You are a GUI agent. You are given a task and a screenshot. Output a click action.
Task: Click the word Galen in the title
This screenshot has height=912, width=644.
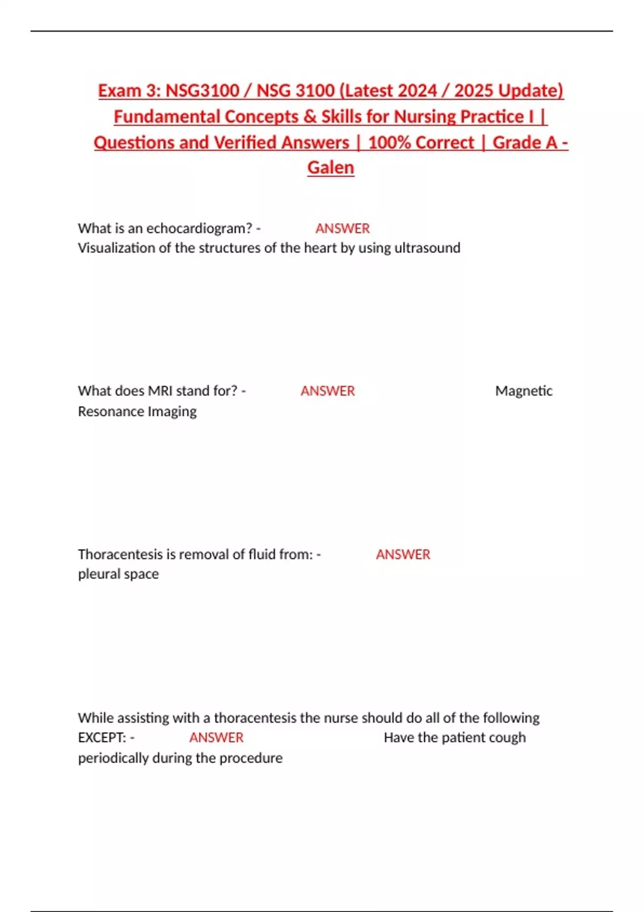tap(331, 167)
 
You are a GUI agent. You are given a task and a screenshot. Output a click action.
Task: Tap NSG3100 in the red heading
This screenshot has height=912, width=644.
tap(202, 91)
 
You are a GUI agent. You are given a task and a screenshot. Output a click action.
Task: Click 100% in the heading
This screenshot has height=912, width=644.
tap(389, 142)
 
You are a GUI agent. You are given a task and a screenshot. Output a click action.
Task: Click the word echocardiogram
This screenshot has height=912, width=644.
tap(199, 229)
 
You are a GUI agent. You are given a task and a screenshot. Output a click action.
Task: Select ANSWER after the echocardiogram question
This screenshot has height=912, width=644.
tap(342, 229)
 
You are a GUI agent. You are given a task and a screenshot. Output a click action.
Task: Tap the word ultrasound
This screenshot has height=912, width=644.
tap(427, 248)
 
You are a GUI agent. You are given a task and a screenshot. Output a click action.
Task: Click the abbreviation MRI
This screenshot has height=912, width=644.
tap(160, 391)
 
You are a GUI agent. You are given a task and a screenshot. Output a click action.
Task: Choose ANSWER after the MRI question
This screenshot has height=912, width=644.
tap(327, 391)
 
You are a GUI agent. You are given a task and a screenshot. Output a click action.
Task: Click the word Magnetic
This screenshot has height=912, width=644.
tap(523, 391)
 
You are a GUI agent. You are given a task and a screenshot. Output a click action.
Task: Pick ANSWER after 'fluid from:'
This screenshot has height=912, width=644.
tap(403, 554)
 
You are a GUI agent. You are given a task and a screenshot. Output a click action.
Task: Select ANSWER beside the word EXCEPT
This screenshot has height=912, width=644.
tap(216, 738)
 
